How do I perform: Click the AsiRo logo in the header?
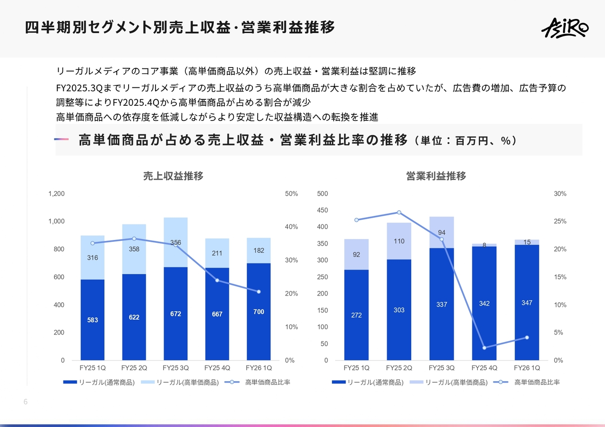[564, 27]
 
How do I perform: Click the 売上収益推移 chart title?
[173, 176]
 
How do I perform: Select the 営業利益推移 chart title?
[436, 176]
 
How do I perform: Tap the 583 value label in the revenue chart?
[93, 320]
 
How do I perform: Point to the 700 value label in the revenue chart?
[259, 312]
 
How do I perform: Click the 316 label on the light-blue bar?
[93, 258]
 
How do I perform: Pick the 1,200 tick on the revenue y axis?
[56, 194]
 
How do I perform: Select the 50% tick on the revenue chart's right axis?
[291, 194]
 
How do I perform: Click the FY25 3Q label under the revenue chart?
[175, 368]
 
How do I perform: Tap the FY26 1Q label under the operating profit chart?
[527, 368]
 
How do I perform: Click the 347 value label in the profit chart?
[527, 303]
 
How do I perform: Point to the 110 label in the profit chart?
[399, 241]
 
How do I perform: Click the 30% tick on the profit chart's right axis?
[560, 194]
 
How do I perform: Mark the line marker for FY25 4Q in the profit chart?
[484, 348]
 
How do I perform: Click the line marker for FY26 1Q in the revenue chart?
[259, 292]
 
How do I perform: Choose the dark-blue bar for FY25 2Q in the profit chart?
[399, 309]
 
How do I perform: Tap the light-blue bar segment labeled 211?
[217, 253]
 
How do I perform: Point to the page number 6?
[26, 402]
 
